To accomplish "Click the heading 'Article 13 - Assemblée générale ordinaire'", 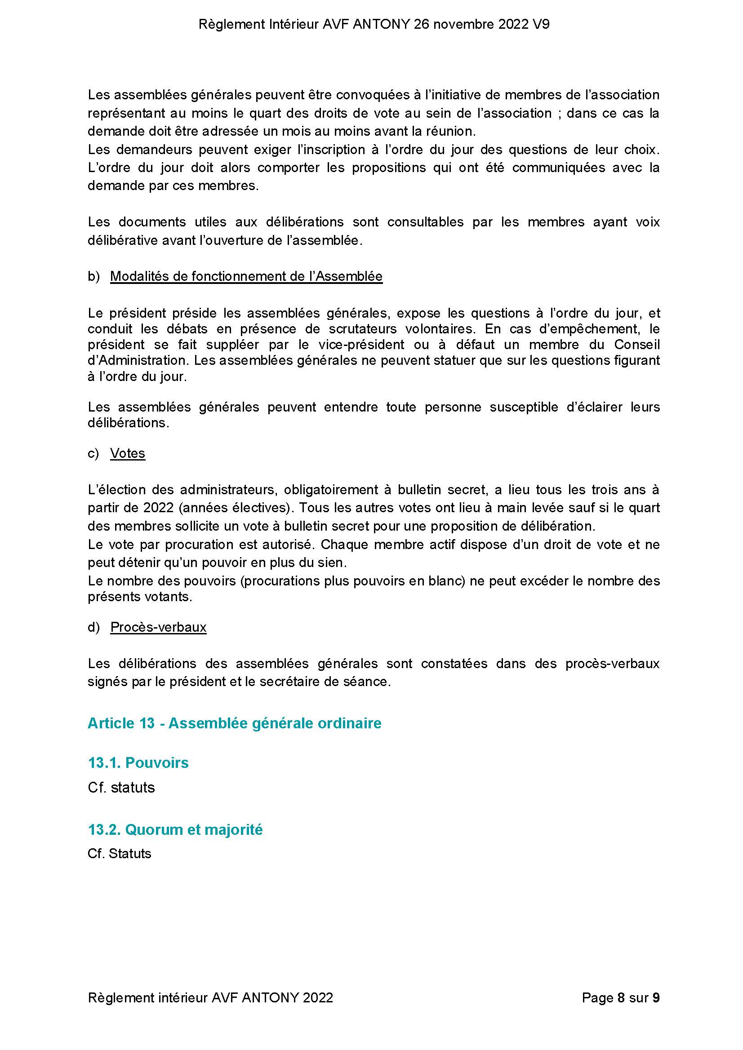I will (x=234, y=723).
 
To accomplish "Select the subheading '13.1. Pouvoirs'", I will (x=138, y=762).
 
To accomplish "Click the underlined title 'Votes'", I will (x=128, y=453).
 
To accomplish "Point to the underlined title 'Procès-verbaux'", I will (x=158, y=627).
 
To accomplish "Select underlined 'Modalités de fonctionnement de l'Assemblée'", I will (x=246, y=276).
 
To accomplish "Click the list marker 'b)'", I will (x=93, y=276).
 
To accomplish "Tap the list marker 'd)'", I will (x=93, y=627).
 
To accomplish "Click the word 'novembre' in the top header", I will (x=462, y=25).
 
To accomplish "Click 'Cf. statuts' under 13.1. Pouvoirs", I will (x=121, y=787).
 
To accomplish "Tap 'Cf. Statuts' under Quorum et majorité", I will (x=120, y=853).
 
